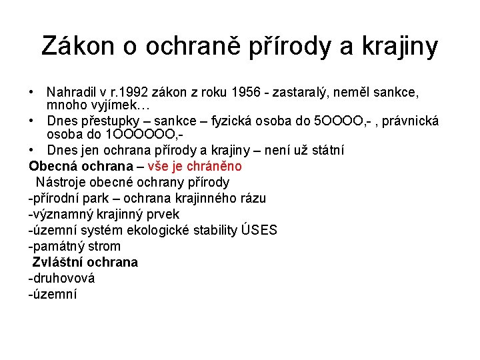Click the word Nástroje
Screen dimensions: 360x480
tap(59, 182)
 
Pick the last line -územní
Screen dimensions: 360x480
tap(53, 294)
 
